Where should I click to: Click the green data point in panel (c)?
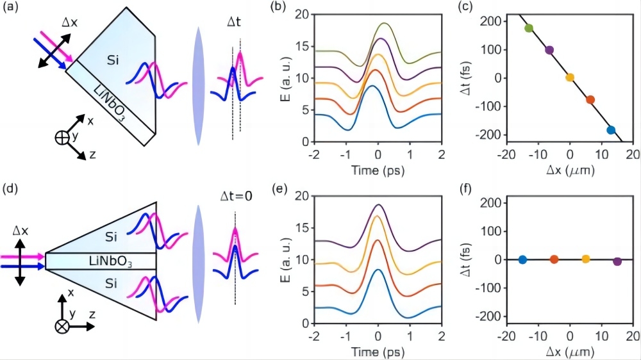point(529,28)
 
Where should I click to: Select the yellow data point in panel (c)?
point(570,78)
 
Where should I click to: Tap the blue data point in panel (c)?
point(611,130)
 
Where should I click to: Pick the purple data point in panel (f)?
point(617,261)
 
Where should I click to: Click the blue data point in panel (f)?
point(522,259)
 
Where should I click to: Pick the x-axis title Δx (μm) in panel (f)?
point(569,352)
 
